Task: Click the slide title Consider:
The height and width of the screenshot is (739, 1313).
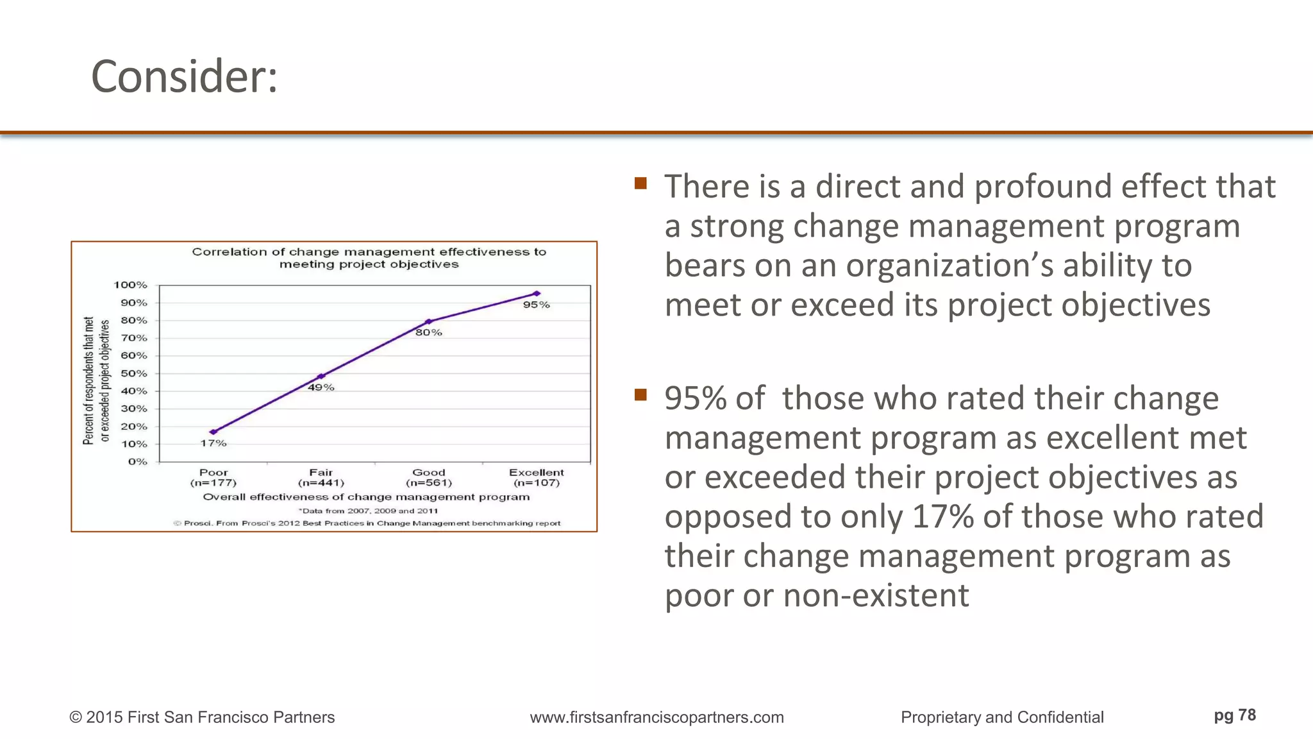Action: point(185,76)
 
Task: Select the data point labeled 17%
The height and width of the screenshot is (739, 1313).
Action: point(213,432)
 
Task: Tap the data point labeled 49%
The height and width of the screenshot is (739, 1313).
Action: point(321,377)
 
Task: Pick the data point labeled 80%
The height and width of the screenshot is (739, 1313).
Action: point(428,321)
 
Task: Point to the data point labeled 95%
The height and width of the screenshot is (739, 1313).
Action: point(537,294)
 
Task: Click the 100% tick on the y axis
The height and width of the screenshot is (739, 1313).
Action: point(131,285)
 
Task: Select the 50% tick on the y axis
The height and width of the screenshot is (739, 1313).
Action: point(134,373)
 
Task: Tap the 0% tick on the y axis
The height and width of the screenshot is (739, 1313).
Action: point(137,462)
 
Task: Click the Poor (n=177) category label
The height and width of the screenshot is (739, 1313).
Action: point(213,477)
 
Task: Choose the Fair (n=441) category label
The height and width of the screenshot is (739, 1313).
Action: point(321,477)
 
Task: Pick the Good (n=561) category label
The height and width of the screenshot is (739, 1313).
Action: point(429,477)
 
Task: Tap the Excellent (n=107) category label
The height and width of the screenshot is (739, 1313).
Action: point(537,477)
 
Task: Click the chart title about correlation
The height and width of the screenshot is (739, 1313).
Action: point(369,258)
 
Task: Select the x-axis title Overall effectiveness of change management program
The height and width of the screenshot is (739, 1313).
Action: point(367,497)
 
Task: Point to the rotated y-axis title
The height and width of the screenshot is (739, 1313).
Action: point(96,380)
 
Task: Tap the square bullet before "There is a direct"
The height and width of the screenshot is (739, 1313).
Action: point(640,184)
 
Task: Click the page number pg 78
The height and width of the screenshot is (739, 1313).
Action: point(1235,715)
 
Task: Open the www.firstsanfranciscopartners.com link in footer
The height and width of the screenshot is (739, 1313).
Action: point(656,717)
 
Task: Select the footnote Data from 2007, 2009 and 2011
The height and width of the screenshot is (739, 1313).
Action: point(369,511)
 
